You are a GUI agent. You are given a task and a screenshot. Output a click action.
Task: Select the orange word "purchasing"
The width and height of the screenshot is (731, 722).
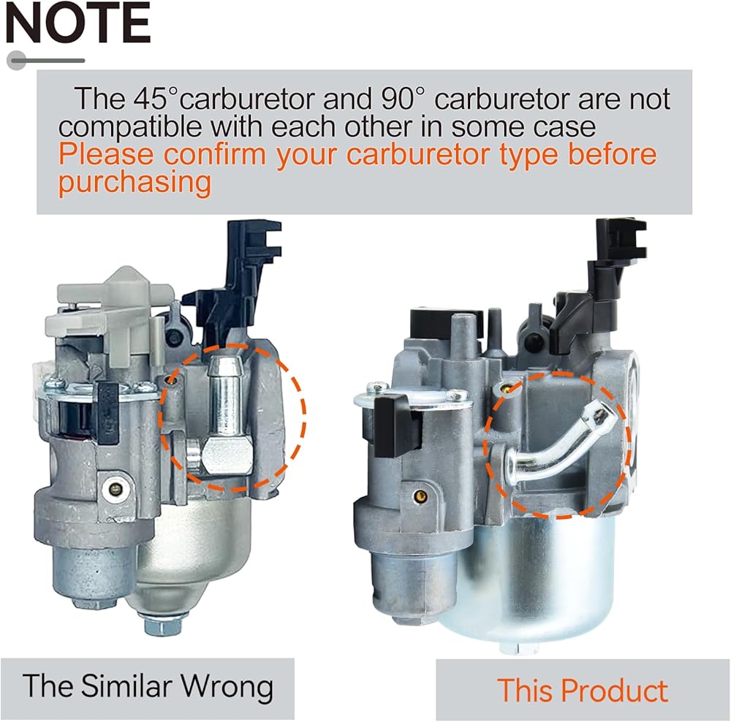(135, 183)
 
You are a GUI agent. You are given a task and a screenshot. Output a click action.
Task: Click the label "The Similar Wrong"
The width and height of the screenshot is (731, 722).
(148, 686)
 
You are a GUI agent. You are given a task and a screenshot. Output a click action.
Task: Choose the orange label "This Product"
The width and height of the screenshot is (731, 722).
(583, 690)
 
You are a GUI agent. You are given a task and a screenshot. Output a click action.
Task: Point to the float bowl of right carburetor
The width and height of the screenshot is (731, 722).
(526, 577)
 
